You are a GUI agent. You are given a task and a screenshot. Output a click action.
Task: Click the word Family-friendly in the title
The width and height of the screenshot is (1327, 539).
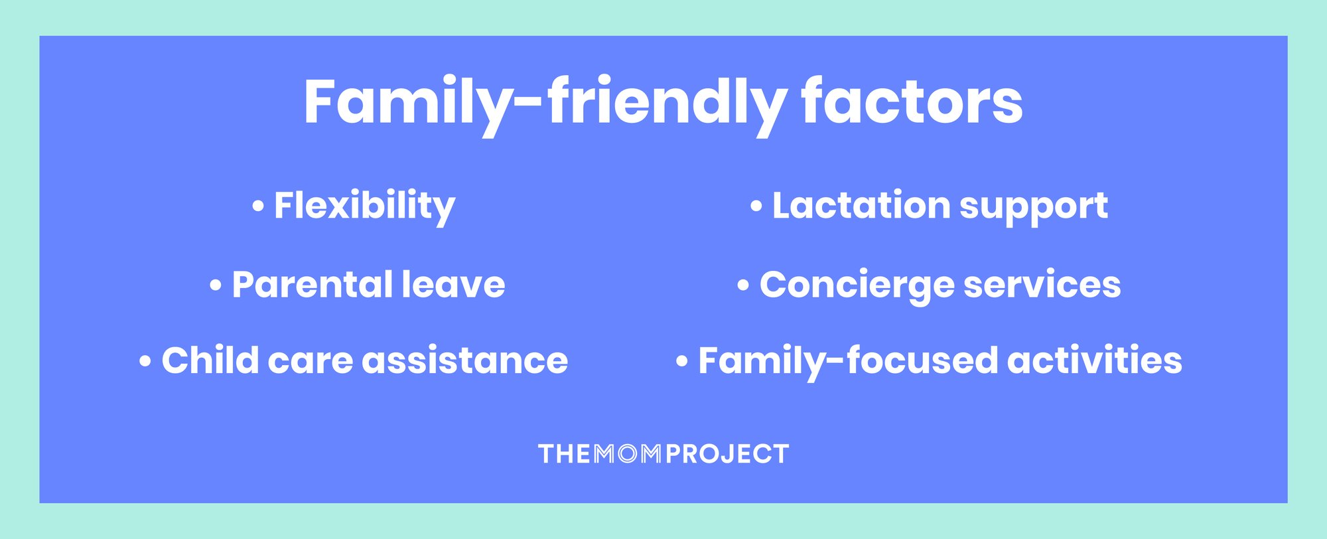click(544, 103)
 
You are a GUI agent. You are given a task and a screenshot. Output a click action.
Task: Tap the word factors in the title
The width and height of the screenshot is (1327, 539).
click(912, 103)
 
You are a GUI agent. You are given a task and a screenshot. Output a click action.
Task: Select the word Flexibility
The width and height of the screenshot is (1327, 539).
click(364, 206)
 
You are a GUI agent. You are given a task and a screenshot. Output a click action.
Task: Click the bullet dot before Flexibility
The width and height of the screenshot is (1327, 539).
click(258, 206)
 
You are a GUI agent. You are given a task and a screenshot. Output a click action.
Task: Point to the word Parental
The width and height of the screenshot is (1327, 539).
click(312, 285)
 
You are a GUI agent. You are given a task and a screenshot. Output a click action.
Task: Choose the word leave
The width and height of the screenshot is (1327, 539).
click(453, 285)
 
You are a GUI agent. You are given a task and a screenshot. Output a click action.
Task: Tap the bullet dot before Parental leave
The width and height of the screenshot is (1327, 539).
click(216, 286)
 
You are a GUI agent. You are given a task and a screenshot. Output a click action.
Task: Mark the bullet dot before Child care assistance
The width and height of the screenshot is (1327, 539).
click(145, 362)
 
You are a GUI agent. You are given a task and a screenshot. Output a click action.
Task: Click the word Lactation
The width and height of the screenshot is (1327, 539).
click(861, 206)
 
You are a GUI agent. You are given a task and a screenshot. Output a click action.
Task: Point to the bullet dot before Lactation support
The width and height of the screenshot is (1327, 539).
click(756, 206)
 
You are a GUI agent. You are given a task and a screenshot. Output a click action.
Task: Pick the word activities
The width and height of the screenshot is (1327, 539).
click(1095, 360)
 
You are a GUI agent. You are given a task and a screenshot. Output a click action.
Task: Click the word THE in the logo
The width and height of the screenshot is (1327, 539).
click(564, 454)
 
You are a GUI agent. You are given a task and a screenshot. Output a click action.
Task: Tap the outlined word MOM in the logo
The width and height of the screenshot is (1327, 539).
click(627, 454)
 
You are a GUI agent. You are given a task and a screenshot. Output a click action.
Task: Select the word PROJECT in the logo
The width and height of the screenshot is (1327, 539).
click(727, 454)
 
